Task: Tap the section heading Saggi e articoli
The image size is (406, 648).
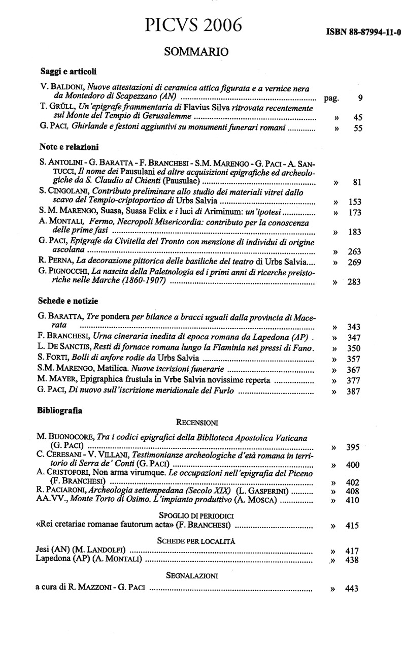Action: coord(68,72)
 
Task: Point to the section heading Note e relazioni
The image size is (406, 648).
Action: coord(69,147)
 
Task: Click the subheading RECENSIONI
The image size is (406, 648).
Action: coord(197,422)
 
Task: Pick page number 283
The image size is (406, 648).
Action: coord(354,282)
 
